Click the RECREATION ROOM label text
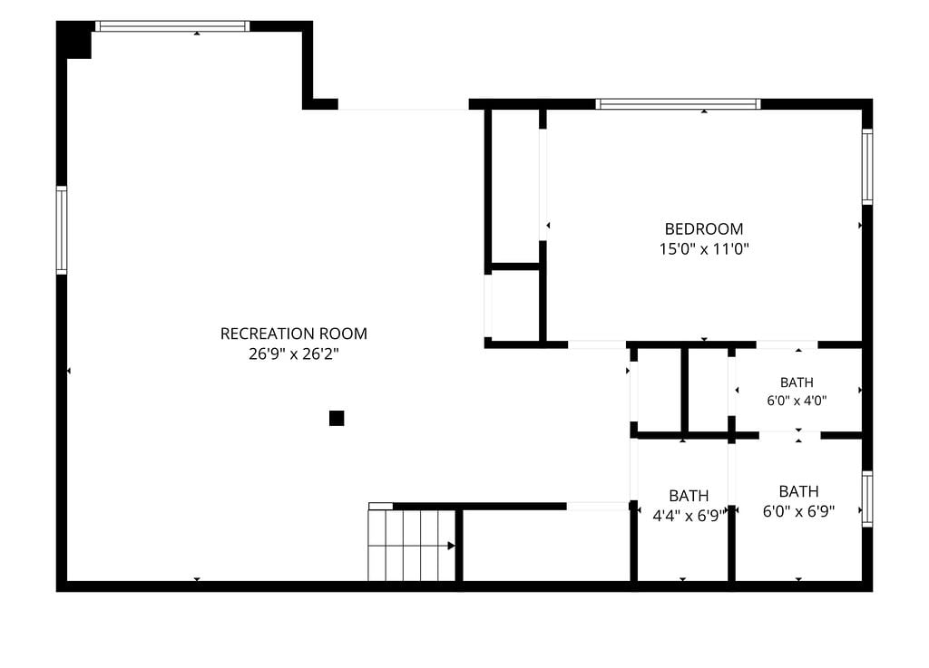pos(294,334)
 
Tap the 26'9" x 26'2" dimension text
pos(294,353)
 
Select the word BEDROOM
pos(704,229)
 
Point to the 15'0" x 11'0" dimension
pos(704,249)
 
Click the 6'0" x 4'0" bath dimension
pos(797,401)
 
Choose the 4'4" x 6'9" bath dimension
pos(688,516)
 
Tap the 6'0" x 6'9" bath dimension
pos(798,511)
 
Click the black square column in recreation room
pos(337,419)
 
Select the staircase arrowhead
pos(452,546)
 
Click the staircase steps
pos(412,546)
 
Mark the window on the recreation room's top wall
pos(172,26)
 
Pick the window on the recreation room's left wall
pos(62,230)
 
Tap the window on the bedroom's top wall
pos(678,105)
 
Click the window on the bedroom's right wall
pos(867,167)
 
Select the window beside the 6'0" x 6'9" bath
pos(867,499)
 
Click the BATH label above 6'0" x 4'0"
pos(797,382)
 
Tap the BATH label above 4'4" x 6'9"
pos(689,496)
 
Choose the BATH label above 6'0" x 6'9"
pos(798,491)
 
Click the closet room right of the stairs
pos(545,546)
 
